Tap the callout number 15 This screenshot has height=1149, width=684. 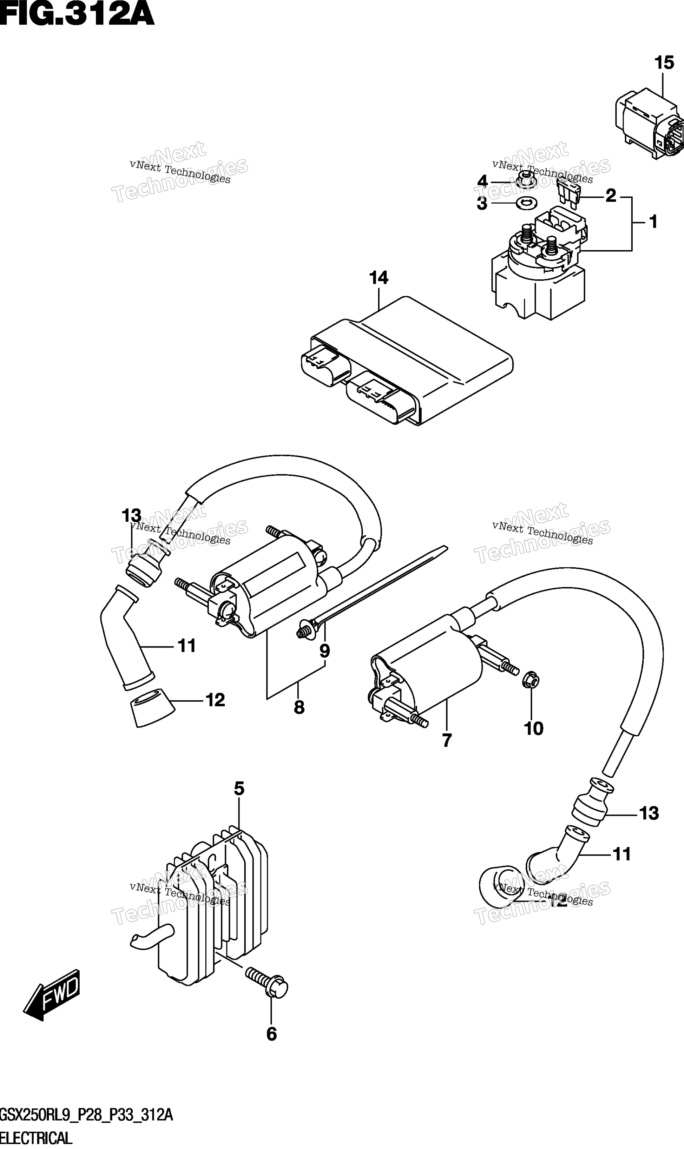(x=664, y=63)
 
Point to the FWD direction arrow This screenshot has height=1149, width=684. (x=52, y=995)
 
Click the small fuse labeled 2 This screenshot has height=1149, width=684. (x=568, y=194)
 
